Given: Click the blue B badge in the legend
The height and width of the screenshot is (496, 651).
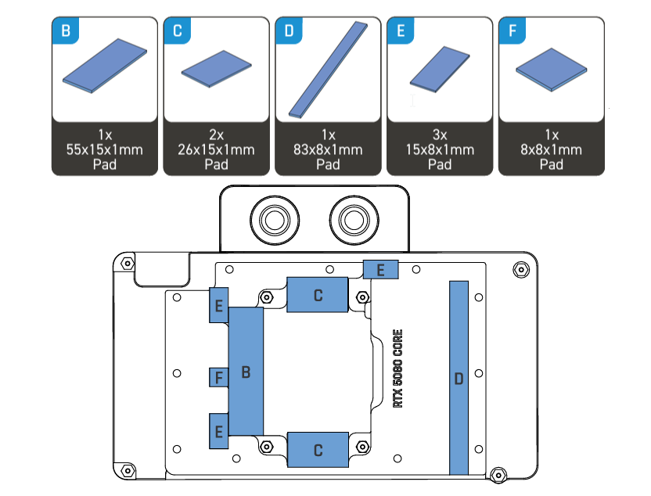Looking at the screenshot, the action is (66, 31).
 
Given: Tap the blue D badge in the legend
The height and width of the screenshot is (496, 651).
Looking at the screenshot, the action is (289, 31).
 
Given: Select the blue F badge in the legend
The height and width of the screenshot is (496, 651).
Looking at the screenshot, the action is (513, 31).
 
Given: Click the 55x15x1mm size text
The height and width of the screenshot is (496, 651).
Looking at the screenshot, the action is (105, 149).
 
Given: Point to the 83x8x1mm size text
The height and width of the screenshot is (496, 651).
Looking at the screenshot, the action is (328, 149).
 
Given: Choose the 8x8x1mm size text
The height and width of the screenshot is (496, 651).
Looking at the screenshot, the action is (552, 149).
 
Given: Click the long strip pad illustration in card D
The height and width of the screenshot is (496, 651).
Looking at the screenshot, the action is (328, 70).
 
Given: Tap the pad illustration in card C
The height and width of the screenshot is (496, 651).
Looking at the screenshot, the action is (216, 69).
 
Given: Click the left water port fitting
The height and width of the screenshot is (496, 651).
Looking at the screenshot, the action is (275, 220).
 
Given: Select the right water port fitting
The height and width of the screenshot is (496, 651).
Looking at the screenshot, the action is (354, 220).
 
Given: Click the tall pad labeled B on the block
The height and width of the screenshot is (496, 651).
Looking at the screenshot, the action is (246, 372).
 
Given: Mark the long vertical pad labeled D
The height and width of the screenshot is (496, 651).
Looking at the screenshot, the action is (459, 378).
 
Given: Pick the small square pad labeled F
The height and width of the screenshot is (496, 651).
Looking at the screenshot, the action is (219, 377).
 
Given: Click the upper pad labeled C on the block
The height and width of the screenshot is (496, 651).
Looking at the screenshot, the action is (318, 295).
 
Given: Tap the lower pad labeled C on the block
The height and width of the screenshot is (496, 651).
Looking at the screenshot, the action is (318, 450).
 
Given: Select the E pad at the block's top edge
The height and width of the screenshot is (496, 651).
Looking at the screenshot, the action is (381, 270).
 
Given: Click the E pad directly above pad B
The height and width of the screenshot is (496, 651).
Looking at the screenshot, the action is (219, 305).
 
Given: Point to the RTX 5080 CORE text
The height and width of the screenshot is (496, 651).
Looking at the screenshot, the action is (397, 368).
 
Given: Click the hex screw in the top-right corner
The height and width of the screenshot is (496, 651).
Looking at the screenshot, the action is (521, 270).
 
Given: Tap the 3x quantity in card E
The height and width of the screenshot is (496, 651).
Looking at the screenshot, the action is (440, 135).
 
